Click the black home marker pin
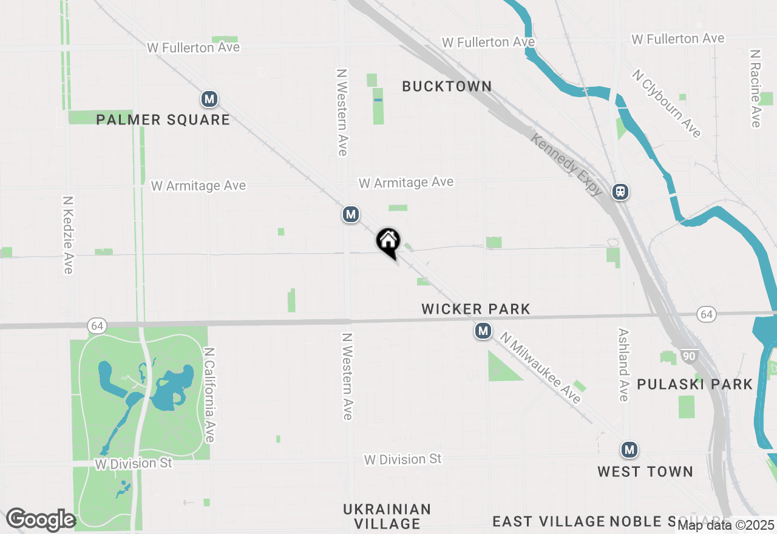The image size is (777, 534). pos(388,242)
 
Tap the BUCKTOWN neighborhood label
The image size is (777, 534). pos(447,87)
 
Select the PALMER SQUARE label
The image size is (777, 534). pos(163,120)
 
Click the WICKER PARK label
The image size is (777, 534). pos(476,309)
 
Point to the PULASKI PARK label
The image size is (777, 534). pos(694,384)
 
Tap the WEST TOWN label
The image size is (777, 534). pos(645,471)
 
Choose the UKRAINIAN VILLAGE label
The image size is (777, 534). pos(387,516)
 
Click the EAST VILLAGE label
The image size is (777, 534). pos(548,521)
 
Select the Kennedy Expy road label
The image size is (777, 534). pos(567,164)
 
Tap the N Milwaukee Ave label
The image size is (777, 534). pos(540,367)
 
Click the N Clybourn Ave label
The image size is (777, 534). pos(667,103)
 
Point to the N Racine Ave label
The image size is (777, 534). pos(755,89)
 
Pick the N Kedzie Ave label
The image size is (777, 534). pos(68,234)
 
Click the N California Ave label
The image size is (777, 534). pos(209,394)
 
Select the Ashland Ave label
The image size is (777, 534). pos(623,365)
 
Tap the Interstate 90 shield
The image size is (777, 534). pos(688,356)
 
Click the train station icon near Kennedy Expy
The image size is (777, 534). pos(620,192)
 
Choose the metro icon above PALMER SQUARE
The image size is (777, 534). pos(209,98)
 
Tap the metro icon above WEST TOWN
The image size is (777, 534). pos(629,450)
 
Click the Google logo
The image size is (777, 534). pos(41,520)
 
